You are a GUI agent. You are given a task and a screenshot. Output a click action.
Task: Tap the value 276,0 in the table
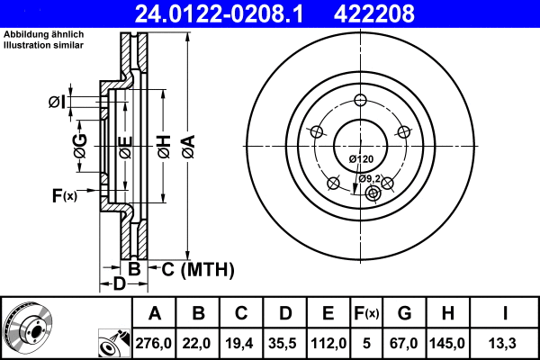155,342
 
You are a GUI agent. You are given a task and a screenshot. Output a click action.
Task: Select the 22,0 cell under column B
198,342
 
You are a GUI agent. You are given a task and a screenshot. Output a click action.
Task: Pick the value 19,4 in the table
241,342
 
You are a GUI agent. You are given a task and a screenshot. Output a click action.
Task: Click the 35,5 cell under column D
284,342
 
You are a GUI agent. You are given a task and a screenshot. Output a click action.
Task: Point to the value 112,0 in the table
328,342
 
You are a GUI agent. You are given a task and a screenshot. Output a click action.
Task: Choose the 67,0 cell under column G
404,342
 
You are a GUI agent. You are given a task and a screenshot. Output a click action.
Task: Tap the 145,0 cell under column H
447,342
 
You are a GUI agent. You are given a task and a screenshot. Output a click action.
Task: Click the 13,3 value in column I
505,342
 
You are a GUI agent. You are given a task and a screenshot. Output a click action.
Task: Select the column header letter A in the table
155,313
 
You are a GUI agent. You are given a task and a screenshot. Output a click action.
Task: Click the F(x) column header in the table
367,313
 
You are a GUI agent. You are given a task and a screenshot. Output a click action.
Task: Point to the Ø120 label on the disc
360,159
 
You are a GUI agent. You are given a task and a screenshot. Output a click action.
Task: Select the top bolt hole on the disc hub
360,100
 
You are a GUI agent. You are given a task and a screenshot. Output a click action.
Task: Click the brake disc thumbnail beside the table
27,328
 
